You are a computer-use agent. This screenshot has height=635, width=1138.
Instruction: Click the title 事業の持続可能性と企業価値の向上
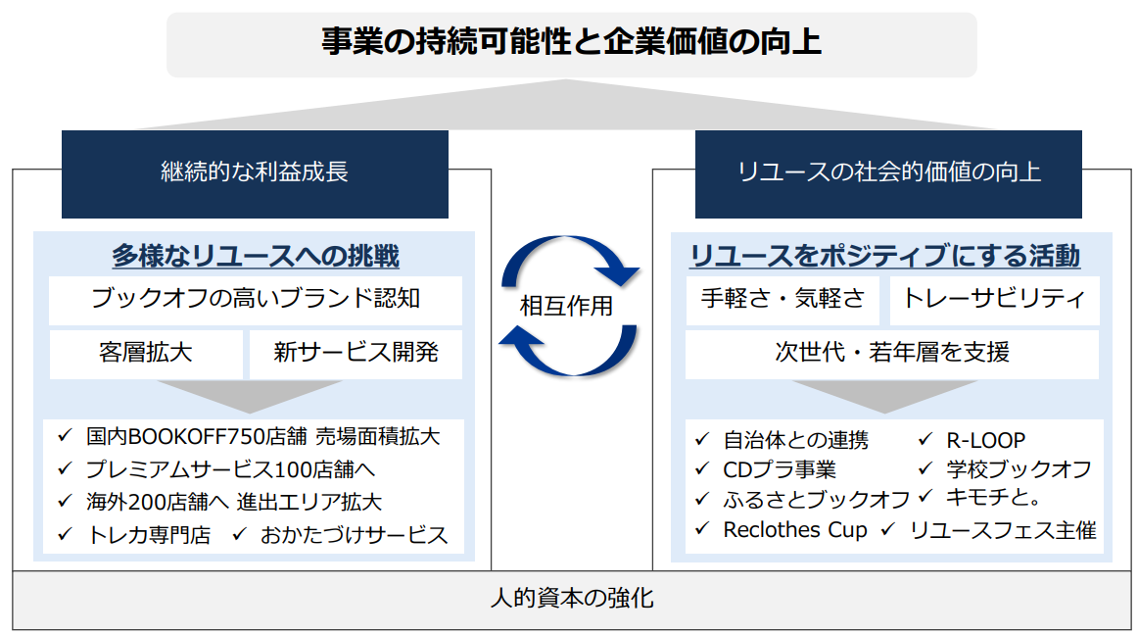coord(571,43)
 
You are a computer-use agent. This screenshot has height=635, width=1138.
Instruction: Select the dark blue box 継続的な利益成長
coord(255,173)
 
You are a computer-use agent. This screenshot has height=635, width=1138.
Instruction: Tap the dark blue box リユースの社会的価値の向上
coord(888,173)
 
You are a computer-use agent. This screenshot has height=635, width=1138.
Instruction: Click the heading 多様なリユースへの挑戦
coord(255,257)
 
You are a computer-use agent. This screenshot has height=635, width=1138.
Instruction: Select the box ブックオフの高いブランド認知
coord(255,299)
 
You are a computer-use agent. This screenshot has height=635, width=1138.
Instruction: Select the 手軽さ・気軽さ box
coord(782,299)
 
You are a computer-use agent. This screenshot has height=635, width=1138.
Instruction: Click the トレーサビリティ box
coord(993,299)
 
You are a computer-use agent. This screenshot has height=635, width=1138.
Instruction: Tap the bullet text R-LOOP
coord(985,441)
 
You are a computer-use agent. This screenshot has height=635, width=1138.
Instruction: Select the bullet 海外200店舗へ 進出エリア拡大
coord(233,502)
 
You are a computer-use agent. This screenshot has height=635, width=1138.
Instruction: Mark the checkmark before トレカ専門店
coord(66,535)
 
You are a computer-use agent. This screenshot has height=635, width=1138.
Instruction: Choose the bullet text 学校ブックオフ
coord(1018,469)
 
